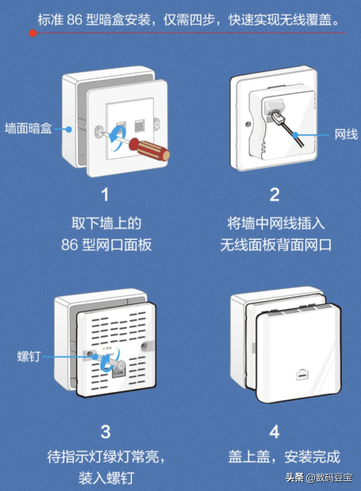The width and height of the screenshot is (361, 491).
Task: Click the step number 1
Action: point(104,195)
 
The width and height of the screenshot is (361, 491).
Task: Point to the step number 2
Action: point(275,195)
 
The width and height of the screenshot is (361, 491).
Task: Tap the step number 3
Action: point(104,431)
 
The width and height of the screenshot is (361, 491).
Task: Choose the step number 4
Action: point(275,431)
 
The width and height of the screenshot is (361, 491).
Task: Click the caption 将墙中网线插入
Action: point(275,223)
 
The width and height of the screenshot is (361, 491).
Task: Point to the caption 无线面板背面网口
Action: point(275,245)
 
